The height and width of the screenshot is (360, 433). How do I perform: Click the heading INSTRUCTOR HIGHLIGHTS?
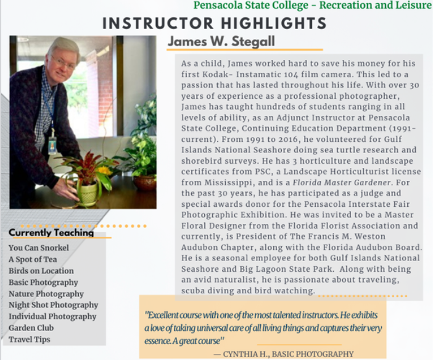click(x=214, y=23)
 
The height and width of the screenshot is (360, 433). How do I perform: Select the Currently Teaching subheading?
click(x=51, y=233)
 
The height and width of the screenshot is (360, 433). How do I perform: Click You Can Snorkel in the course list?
click(x=39, y=248)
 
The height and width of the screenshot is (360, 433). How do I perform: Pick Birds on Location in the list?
click(x=41, y=270)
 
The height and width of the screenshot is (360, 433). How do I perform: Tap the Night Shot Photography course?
click(x=54, y=304)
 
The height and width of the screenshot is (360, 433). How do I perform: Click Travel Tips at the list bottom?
click(x=30, y=339)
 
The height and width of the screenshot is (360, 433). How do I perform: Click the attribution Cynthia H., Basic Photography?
click(x=283, y=354)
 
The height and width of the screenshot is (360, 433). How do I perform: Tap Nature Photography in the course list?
click(x=46, y=293)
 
